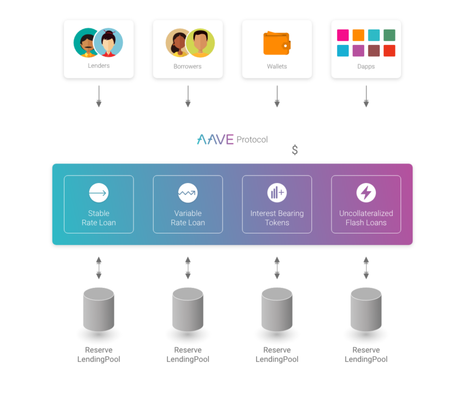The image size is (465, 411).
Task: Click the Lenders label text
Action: (98, 66)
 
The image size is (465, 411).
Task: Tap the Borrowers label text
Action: (188, 67)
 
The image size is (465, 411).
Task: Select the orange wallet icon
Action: (277, 43)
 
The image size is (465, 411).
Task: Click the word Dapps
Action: (366, 67)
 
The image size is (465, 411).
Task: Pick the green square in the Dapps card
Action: (390, 36)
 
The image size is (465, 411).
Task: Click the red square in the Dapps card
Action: (390, 51)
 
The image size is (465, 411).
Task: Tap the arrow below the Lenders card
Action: (98, 96)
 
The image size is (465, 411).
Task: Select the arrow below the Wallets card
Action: (277, 96)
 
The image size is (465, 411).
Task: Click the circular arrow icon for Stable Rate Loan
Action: (98, 193)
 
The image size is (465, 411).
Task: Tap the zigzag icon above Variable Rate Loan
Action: (188, 193)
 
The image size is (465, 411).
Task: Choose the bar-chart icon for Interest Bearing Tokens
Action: (277, 193)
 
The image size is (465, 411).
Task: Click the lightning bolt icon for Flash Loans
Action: (366, 193)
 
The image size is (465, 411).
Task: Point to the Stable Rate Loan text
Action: (98, 218)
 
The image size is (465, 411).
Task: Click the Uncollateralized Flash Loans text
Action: (366, 218)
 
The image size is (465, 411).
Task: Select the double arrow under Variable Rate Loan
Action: (188, 268)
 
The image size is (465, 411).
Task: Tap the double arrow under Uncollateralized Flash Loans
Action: (366, 268)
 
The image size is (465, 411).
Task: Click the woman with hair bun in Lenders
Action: (108, 43)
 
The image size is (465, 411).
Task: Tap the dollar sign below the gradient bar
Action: (295, 150)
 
